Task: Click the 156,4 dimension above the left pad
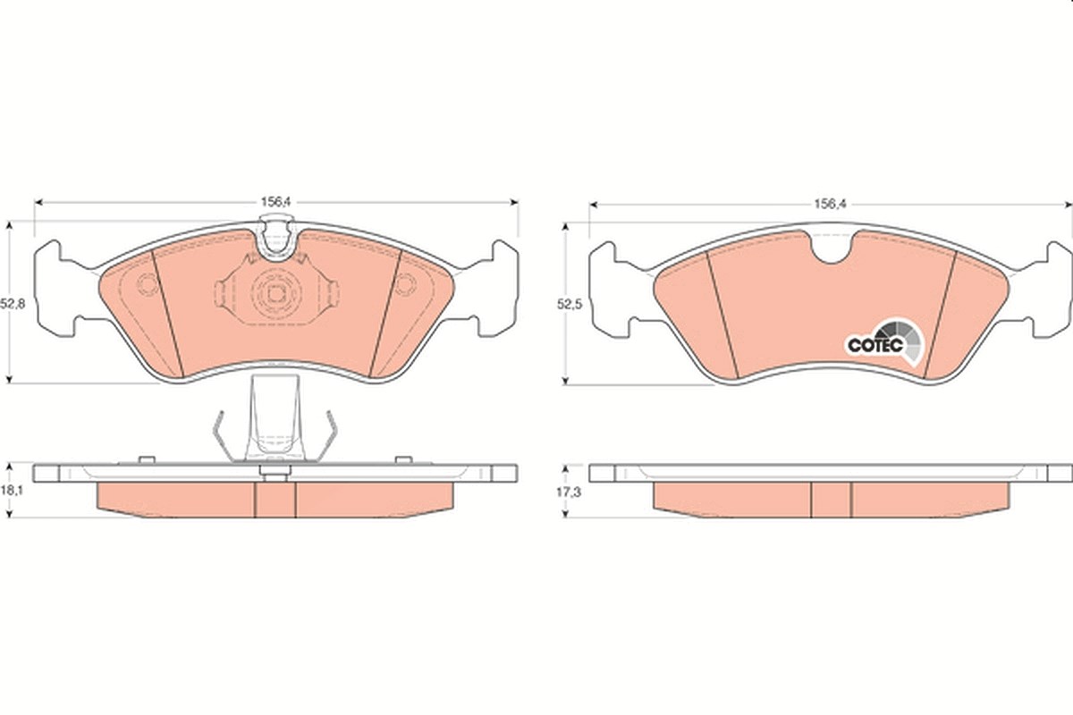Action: click(x=275, y=202)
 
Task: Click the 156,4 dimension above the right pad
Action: click(x=831, y=204)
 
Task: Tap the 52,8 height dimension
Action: click(x=13, y=304)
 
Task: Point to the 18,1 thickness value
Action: click(x=12, y=491)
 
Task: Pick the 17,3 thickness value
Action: click(x=569, y=492)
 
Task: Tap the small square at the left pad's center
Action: click(x=275, y=293)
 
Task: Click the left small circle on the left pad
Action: click(x=147, y=284)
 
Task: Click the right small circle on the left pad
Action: click(x=405, y=284)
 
